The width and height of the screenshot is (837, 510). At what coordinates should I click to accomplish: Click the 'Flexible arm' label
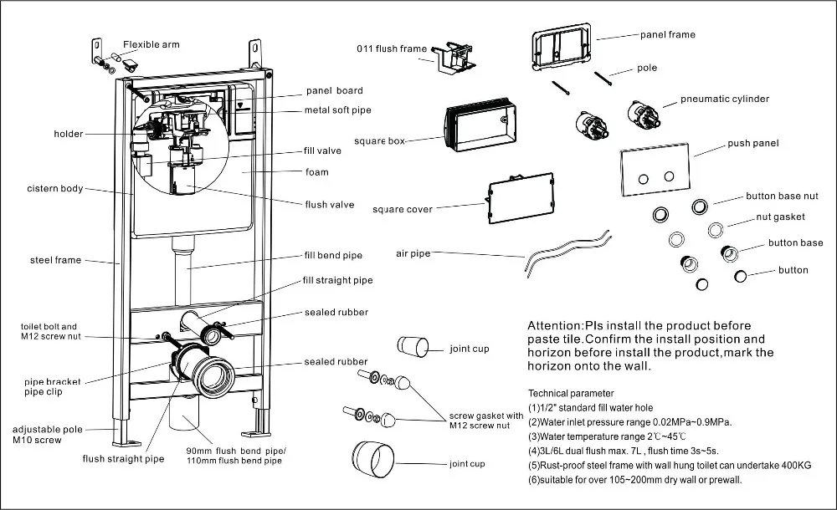[x=151, y=44]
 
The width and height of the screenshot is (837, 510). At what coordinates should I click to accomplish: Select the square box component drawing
[x=479, y=129]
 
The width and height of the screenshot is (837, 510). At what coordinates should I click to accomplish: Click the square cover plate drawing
[x=521, y=199]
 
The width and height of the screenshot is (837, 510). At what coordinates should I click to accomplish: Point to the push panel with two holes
[x=657, y=175]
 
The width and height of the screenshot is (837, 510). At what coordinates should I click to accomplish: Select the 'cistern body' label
[x=55, y=189]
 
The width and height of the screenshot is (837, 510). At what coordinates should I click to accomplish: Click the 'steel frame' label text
[x=56, y=260]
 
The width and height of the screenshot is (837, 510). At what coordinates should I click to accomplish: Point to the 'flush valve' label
[x=329, y=205]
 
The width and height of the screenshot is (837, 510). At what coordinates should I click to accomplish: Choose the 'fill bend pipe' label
[x=333, y=255]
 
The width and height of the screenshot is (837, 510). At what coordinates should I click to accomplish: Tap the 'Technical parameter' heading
[x=571, y=393]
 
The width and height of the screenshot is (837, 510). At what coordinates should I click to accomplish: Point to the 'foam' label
[x=316, y=172]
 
